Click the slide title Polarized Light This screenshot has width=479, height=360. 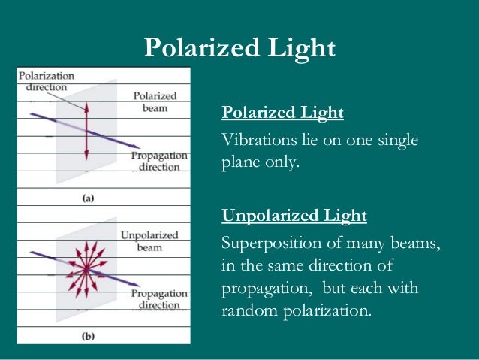pyautogui.click(x=239, y=48)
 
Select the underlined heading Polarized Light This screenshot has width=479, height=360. pyautogui.click(x=282, y=113)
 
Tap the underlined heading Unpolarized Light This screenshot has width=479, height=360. pyautogui.click(x=294, y=216)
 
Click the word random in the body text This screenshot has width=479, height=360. pyautogui.click(x=253, y=310)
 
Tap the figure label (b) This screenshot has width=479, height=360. pyautogui.click(x=88, y=337)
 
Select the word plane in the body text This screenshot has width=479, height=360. pyautogui.click(x=239, y=162)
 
